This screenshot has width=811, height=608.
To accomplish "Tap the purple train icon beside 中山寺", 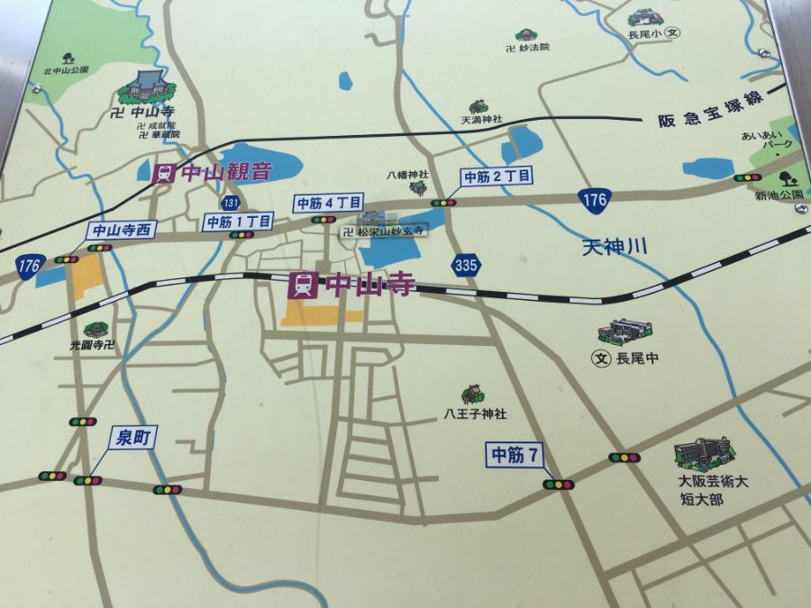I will coord(303,286).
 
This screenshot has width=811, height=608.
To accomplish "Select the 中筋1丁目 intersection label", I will coord(238,221).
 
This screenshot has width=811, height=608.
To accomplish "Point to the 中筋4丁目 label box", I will coord(327,203).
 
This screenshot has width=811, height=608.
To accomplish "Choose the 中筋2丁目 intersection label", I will coord(496,177).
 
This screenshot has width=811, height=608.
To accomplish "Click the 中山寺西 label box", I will coord(122,230).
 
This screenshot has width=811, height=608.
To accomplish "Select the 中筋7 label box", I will coord(515,456).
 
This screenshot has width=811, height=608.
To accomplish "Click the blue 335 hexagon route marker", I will coord(466,264).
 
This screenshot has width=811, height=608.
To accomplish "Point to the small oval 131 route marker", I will coord(232,203).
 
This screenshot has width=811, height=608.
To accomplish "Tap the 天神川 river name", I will coord(615,246).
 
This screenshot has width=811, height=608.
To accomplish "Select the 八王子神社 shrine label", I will coord(475,414).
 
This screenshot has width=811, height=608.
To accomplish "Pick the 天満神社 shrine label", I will coord(482,120).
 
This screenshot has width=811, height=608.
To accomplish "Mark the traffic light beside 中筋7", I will coord(559,485).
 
